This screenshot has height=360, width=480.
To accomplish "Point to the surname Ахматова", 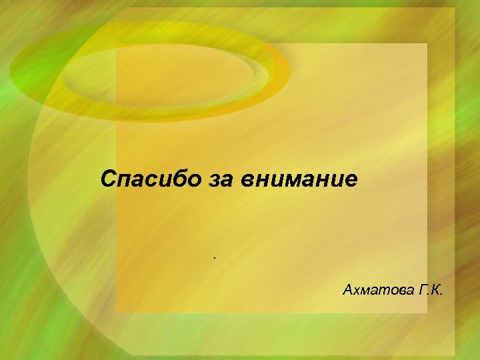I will click(x=374, y=290).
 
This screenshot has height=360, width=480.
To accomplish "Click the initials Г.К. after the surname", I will click(x=432, y=290).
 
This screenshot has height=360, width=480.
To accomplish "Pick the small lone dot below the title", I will click(x=215, y=255).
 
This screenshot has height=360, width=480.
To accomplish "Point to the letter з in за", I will click(x=207, y=180).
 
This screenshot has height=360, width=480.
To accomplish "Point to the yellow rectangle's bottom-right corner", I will click(x=427, y=313).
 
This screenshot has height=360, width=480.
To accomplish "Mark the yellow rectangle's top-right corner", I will click(x=427, y=44).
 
